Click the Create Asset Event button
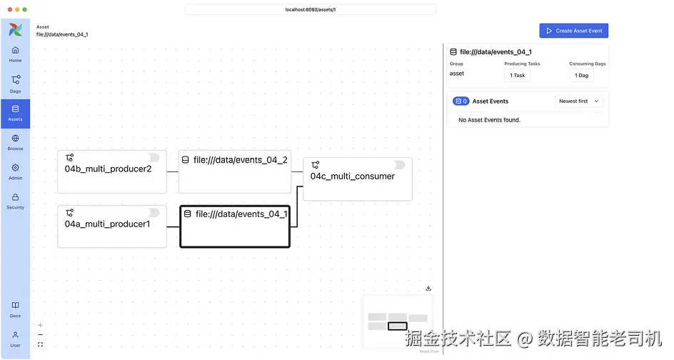coord(573,31)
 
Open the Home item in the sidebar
coord(15,54)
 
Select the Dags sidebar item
coord(15,84)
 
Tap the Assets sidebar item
coord(15,113)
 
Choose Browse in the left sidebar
coord(15,142)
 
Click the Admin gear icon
coord(15,168)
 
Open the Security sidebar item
coord(15,201)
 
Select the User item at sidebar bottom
coord(15,339)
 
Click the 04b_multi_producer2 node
coord(111,171)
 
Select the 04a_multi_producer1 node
coord(111,226)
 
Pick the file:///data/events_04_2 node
coord(234,171)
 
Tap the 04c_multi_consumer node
coord(358,179)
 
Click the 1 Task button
coord(517,75)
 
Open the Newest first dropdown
coord(579,101)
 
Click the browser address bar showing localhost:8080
coord(310,9)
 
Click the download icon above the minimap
coord(428,289)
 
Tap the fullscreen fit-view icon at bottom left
coord(40,344)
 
